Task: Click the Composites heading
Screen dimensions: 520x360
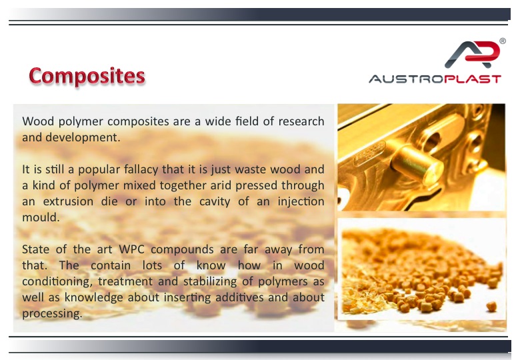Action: tap(87, 76)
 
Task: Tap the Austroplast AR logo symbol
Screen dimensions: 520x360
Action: tap(472, 54)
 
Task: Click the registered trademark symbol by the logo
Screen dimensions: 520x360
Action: tap(503, 41)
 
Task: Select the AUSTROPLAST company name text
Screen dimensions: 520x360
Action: tap(435, 79)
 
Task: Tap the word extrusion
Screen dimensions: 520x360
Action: tap(68, 201)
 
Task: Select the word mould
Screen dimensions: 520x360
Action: tap(41, 217)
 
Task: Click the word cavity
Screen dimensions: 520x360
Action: tap(215, 201)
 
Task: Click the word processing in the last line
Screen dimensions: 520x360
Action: tap(52, 313)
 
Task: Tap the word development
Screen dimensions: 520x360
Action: tap(83, 137)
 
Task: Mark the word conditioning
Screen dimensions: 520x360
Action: tap(57, 282)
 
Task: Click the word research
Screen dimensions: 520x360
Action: tap(301, 121)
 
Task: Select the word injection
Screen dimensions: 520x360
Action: tap(301, 201)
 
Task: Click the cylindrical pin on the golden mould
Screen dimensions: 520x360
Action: tap(417, 163)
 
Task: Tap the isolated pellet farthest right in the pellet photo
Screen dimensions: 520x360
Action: tap(491, 306)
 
